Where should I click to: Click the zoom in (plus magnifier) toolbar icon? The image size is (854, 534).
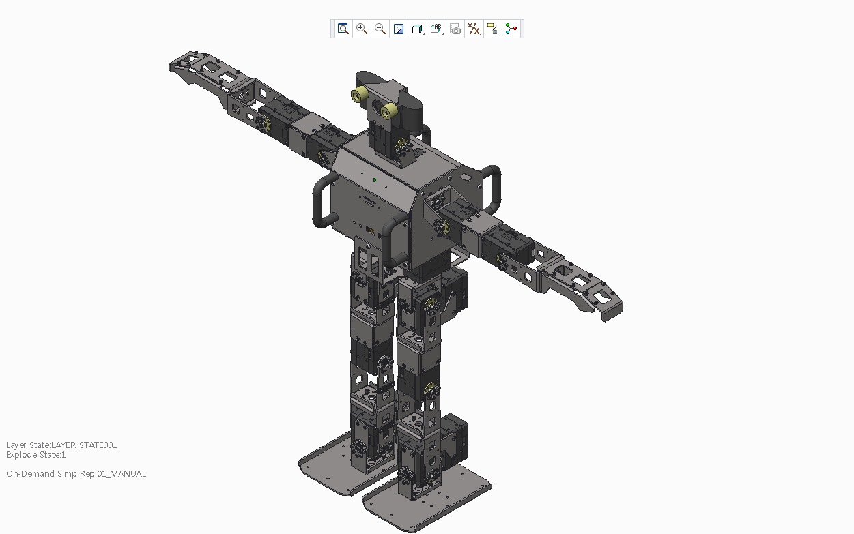click(361, 29)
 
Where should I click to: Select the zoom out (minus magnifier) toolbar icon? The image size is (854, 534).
click(380, 29)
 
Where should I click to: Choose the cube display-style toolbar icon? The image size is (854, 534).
click(417, 29)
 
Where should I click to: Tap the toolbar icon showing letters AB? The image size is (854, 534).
click(436, 29)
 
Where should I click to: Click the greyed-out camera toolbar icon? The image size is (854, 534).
click(455, 29)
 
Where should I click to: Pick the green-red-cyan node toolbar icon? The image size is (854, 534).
click(511, 29)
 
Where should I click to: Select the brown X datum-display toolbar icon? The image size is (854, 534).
click(474, 29)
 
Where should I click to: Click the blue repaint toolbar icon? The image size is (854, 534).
click(399, 29)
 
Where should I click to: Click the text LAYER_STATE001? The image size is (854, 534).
click(84, 445)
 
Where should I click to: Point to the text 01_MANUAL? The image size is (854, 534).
click(122, 473)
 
